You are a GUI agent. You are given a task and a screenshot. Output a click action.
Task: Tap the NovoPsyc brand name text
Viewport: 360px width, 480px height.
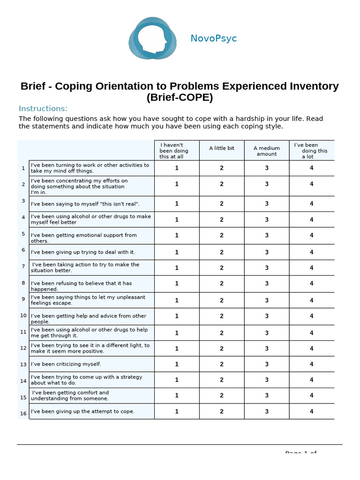pos(213,38)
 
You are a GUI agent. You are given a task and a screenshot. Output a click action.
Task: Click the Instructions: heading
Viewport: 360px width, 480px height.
pos(43,109)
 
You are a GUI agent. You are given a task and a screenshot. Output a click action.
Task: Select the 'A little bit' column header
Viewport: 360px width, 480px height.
pos(222,148)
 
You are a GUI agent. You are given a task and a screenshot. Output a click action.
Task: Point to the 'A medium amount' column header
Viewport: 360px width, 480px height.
pos(267,151)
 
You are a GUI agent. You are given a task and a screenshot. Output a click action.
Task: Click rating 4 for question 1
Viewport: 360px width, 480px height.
pos(312,168)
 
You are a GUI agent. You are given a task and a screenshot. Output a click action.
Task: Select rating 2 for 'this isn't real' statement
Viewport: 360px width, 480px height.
pos(222,203)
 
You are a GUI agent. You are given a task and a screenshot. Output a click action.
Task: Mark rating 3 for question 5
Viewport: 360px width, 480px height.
pos(267,235)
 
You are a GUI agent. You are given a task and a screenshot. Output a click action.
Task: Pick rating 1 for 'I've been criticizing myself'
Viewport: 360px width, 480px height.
pos(177,364)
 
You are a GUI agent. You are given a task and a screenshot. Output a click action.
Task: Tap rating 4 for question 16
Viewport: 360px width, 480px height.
pos(312,412)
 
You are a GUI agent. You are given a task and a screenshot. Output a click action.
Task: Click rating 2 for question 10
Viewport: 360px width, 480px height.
pos(222,316)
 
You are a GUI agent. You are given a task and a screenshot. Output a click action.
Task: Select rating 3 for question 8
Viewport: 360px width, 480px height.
pos(267,284)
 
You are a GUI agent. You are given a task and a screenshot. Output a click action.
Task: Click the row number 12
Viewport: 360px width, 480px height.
pos(23,348)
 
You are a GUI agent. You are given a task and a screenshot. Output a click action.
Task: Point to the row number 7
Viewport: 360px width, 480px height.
pos(23,266)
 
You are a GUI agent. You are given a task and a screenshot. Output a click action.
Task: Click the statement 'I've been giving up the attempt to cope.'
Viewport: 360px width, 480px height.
pos(82,412)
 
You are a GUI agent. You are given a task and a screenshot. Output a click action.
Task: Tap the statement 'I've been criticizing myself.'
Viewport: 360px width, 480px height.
pos(66,364)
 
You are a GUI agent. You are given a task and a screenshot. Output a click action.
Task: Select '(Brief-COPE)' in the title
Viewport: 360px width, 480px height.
pos(180,97)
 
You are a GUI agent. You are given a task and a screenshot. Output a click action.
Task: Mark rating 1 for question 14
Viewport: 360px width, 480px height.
pos(177,380)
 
